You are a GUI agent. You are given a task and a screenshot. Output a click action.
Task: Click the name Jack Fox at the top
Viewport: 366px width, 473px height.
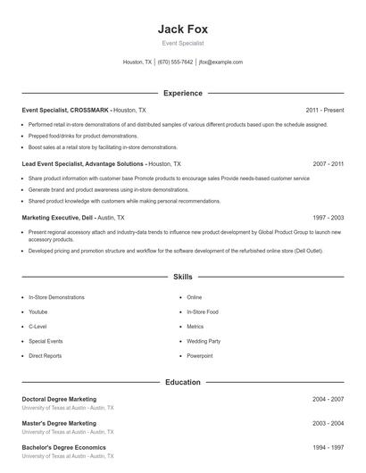(x=182, y=28)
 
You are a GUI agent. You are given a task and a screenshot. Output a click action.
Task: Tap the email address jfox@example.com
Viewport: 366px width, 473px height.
(x=220, y=62)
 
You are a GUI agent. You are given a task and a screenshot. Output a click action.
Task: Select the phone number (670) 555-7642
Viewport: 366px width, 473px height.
(x=176, y=62)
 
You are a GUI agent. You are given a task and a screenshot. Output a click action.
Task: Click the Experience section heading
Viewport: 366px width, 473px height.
(x=183, y=93)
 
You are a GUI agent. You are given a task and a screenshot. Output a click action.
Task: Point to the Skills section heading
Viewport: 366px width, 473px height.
(x=183, y=278)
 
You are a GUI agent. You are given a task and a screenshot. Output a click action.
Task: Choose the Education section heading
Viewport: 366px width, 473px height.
(x=183, y=382)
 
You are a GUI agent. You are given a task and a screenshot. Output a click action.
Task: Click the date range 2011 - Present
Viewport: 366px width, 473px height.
(x=324, y=110)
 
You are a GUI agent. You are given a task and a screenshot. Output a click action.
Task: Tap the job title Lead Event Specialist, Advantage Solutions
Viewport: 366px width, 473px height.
(x=82, y=164)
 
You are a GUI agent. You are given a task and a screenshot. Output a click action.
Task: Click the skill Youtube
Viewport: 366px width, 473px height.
(x=38, y=311)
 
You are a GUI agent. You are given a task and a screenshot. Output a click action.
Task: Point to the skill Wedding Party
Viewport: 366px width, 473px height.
(x=204, y=341)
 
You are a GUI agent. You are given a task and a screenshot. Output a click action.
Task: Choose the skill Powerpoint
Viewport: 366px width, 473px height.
(x=200, y=355)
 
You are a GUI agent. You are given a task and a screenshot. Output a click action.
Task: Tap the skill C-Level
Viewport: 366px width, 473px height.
(x=38, y=327)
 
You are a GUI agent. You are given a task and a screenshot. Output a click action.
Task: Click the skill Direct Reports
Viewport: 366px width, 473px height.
(x=46, y=355)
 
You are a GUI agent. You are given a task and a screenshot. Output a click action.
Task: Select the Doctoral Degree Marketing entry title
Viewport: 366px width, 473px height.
(x=59, y=399)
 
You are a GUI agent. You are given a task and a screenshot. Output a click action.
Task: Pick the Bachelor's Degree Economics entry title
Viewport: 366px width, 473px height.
(x=63, y=447)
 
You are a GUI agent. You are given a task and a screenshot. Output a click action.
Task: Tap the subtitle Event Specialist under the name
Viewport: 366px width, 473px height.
(x=183, y=43)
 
